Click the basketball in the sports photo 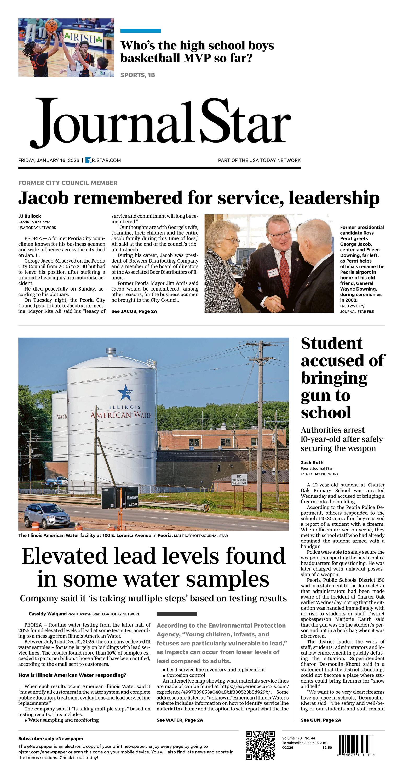coord(51,25)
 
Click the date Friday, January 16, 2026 coord(49,160)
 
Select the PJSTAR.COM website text coord(106,160)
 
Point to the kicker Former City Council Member coord(68,183)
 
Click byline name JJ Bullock coord(30,216)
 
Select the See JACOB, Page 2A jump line coord(134,311)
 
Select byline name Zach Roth coord(312,462)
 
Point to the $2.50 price coord(327,747)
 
